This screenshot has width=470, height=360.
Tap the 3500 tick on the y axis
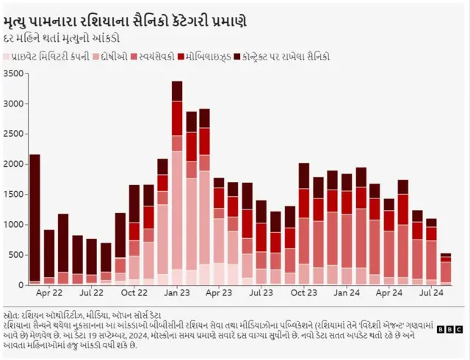[x=14, y=73]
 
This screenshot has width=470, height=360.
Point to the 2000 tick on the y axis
[x=14, y=163]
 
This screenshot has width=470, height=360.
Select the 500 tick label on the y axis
[x=17, y=254]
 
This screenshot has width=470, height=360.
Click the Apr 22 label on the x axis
[x=48, y=293]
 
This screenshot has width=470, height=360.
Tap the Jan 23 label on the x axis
[x=177, y=293]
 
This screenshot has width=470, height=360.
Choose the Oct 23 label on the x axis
[x=304, y=293]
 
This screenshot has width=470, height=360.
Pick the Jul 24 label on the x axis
[x=431, y=293]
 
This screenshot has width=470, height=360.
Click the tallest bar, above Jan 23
[x=177, y=184]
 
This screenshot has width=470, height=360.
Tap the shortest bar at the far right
[x=446, y=269]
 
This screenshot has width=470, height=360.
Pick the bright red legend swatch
[x=181, y=56]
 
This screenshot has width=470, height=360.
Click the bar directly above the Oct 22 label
[x=134, y=234]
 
